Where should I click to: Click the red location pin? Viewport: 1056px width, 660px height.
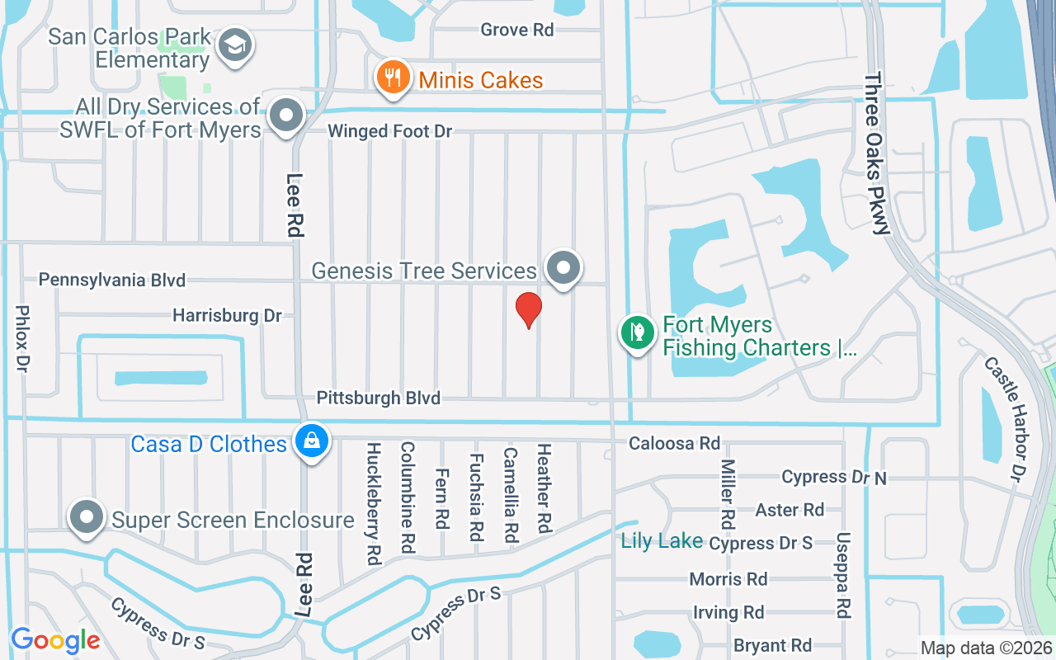point(528,310)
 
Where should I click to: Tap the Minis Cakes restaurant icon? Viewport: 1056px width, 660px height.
point(394,78)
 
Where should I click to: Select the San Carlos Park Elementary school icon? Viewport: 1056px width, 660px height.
point(235,47)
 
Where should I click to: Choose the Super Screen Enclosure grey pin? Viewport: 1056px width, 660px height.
point(87,517)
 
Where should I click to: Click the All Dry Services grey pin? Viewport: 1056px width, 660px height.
point(286,115)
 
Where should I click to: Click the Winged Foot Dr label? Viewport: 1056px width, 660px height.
point(390,132)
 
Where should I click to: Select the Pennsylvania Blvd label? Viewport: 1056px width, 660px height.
point(112,280)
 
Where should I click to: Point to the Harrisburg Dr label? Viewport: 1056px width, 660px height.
point(227,315)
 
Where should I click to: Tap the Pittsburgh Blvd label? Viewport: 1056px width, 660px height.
point(379,398)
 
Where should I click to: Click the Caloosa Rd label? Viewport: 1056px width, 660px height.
point(674,444)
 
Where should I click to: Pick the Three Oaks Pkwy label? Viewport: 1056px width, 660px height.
point(877,153)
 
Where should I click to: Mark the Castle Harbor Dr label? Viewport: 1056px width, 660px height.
point(1004,419)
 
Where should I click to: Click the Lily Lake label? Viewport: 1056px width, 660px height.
point(662,541)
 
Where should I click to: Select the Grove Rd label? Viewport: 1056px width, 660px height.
point(516,31)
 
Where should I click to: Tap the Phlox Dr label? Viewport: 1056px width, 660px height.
point(21,338)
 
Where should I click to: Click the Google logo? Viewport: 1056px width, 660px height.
point(55,640)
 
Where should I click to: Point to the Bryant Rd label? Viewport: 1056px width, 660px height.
point(772,646)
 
